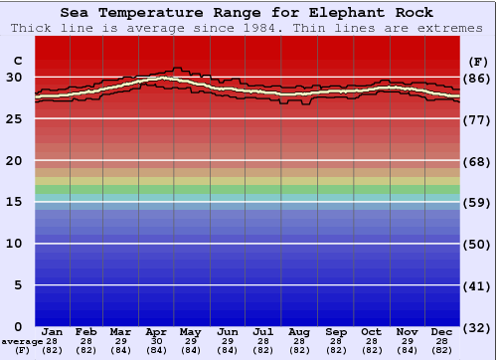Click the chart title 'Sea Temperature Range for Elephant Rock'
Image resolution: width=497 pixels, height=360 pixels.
point(248,13)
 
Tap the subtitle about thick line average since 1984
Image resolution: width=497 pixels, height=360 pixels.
point(248,28)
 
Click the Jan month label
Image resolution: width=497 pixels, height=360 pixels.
point(53,331)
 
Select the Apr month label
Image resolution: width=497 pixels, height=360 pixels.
point(156,331)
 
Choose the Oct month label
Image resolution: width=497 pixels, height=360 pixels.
point(372,331)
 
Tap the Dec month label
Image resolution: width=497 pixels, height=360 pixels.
point(442,331)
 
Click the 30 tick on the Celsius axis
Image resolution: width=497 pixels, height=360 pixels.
point(15,78)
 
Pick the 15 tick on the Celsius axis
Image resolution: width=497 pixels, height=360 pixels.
point(15,202)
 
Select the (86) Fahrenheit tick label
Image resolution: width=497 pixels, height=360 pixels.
point(477,78)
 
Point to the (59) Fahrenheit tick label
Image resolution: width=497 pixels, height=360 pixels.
point(477,202)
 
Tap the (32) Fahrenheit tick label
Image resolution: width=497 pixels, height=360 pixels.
point(477,326)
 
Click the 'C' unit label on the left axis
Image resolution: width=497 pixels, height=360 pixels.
point(16,60)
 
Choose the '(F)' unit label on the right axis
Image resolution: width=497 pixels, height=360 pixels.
point(477,60)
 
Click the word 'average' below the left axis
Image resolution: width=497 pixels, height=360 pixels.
point(22,341)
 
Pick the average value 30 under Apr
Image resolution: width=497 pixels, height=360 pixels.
point(156,341)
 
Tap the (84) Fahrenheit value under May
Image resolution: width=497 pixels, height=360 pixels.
point(192,350)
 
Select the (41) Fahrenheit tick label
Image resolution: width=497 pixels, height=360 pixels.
point(477,285)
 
